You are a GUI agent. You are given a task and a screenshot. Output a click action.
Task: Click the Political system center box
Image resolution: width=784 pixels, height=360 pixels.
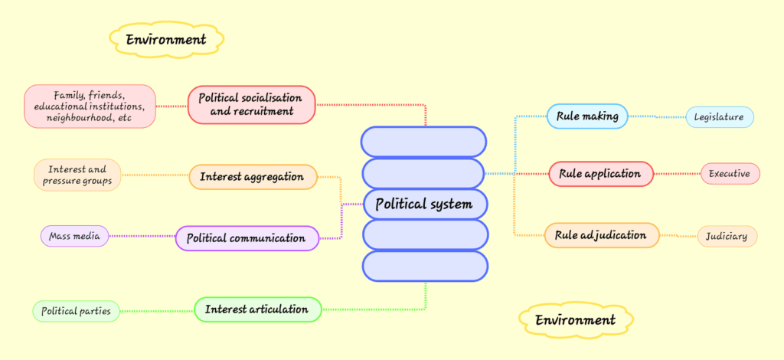coord(423,205)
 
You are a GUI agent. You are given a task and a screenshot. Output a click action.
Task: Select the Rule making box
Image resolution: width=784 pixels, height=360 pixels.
coord(586,116)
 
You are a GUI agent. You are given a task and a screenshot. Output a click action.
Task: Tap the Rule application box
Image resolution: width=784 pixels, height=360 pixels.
coord(600,174)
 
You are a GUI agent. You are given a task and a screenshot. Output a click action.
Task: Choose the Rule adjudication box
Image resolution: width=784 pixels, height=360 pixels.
coord(601,235)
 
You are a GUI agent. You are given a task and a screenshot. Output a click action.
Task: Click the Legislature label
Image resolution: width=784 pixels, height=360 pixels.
coord(720,117)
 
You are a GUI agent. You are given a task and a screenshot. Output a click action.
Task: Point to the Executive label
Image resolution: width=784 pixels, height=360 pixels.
coord(730,174)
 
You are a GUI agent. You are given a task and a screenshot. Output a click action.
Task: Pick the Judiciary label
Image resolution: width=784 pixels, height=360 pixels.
coord(727,236)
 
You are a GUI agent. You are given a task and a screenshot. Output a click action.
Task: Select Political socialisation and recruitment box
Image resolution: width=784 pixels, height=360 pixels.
coord(251,104)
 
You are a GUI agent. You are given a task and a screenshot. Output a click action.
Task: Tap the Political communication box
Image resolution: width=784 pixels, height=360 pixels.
coord(247,238)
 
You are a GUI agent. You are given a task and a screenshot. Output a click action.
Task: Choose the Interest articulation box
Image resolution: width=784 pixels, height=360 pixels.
coord(256,309)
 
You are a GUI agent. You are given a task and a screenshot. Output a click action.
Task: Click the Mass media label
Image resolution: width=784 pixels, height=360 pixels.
coord(74,237)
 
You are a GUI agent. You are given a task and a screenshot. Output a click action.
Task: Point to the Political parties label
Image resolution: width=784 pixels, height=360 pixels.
coord(76,311)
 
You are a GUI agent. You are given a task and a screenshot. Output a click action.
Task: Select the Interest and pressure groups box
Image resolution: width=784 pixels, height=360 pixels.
coord(77,175)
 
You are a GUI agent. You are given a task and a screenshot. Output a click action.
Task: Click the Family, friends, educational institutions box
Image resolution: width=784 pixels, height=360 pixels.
coord(90,106)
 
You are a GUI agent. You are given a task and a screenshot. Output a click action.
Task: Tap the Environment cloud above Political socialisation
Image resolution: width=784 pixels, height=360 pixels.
coord(166,39)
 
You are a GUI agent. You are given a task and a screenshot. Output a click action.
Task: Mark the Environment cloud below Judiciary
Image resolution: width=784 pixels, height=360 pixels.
coord(575,319)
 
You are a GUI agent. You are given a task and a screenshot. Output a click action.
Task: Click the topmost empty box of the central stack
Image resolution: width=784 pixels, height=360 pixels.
coord(423,142)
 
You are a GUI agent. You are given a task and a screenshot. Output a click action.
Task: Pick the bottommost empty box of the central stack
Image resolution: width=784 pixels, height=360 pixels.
coord(423,266)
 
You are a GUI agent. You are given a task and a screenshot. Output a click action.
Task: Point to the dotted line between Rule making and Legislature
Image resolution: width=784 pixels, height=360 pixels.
coord(656,117)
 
